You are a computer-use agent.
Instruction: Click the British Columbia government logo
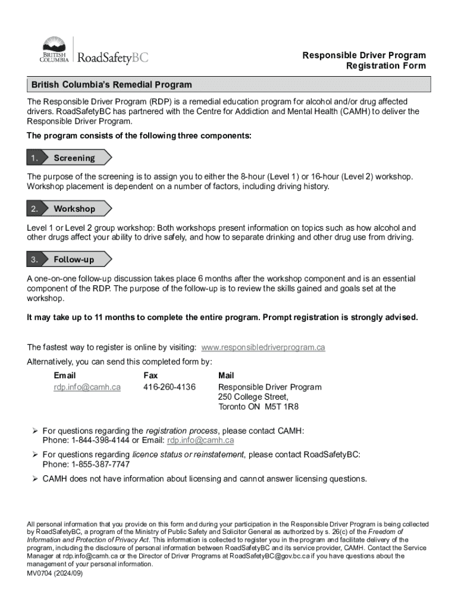click(x=54, y=50)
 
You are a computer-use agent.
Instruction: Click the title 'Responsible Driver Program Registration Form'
click(x=364, y=61)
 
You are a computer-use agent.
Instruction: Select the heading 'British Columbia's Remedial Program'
click(x=112, y=85)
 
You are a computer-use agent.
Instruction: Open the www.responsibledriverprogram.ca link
click(x=263, y=347)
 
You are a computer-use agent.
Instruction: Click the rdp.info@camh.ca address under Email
click(x=87, y=387)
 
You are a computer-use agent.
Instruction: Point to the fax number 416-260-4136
click(x=170, y=387)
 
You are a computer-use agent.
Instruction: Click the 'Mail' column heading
click(x=226, y=375)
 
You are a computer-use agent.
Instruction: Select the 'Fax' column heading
click(x=150, y=375)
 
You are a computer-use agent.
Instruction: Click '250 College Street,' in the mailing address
click(x=253, y=397)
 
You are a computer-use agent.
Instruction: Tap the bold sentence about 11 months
click(x=222, y=317)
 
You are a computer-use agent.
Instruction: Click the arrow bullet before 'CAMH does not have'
click(x=34, y=479)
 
